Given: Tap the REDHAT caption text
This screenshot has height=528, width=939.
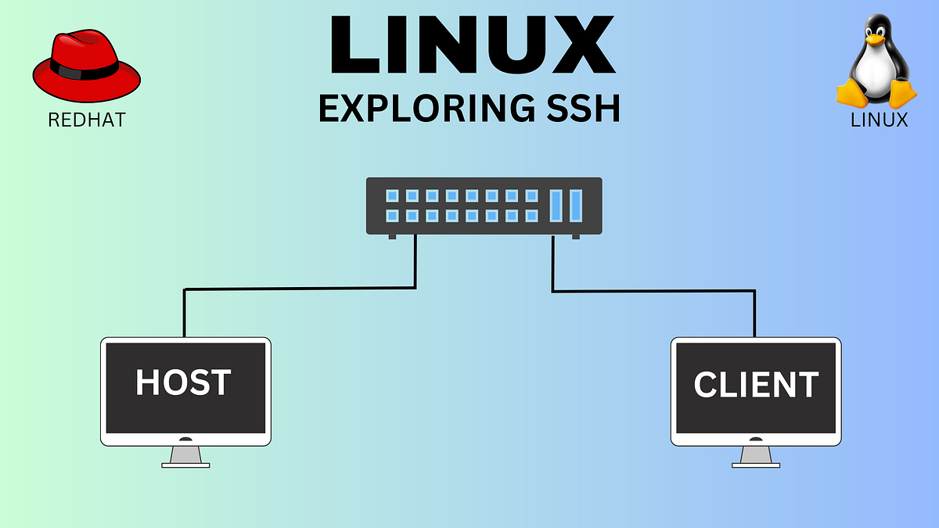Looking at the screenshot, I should (86, 120).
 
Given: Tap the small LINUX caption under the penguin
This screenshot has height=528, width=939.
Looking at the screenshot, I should (879, 120).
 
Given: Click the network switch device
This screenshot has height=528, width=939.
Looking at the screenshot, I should (484, 206).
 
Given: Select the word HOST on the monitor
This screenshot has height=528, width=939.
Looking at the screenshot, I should (184, 383).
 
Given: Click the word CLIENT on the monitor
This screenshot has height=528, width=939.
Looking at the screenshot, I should (756, 384).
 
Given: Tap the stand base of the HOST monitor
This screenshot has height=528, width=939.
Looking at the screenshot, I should (186, 464).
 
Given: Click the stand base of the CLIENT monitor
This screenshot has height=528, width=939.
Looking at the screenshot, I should (756, 464).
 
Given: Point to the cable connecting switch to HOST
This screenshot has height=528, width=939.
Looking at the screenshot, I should (297, 289).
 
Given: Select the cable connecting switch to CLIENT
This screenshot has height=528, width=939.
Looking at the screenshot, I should (653, 291).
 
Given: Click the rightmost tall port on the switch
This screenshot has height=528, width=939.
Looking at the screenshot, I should (576, 205).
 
